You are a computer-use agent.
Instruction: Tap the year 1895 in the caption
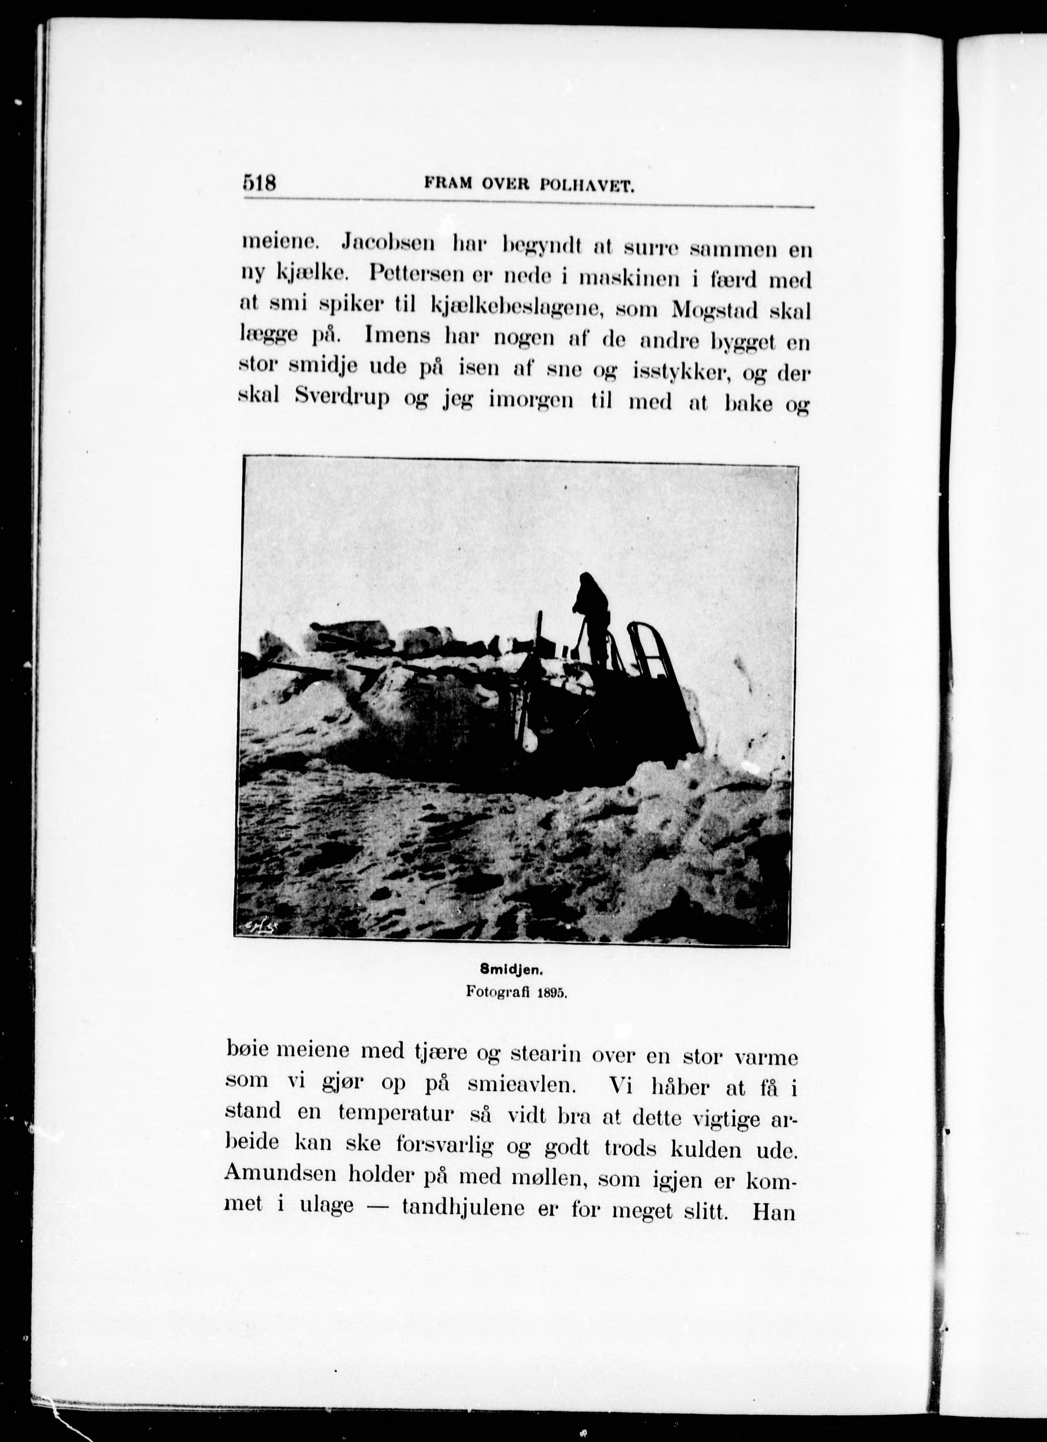[552, 1010]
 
